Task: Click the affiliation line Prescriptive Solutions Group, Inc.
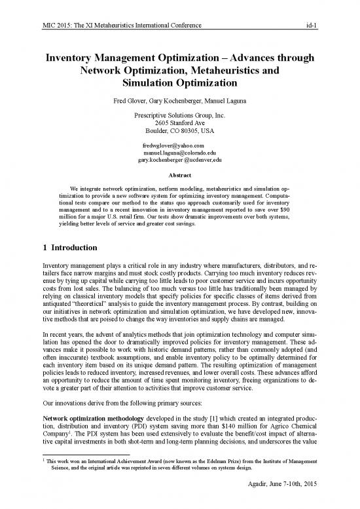179,115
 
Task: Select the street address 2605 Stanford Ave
179,124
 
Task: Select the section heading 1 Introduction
63,249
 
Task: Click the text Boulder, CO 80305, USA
179,132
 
